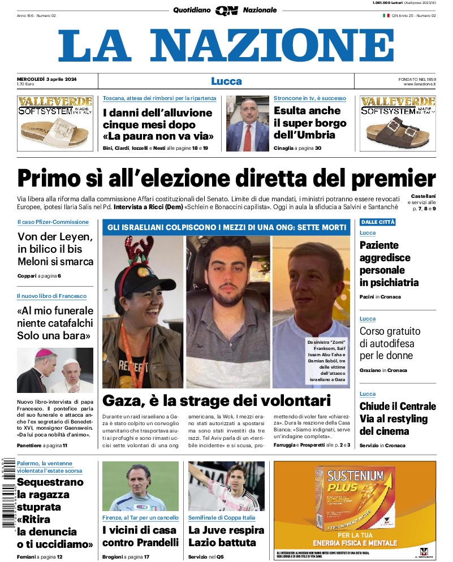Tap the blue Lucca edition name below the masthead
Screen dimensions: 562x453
226,81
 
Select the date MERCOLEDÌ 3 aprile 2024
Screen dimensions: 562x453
47,79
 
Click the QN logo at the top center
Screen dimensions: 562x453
226,10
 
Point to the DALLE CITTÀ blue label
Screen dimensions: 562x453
378,222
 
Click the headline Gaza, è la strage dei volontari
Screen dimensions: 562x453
216,401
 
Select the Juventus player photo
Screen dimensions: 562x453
226,486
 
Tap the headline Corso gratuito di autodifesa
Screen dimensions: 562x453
387,343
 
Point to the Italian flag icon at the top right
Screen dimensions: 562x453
386,15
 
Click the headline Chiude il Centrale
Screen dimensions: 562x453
398,418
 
